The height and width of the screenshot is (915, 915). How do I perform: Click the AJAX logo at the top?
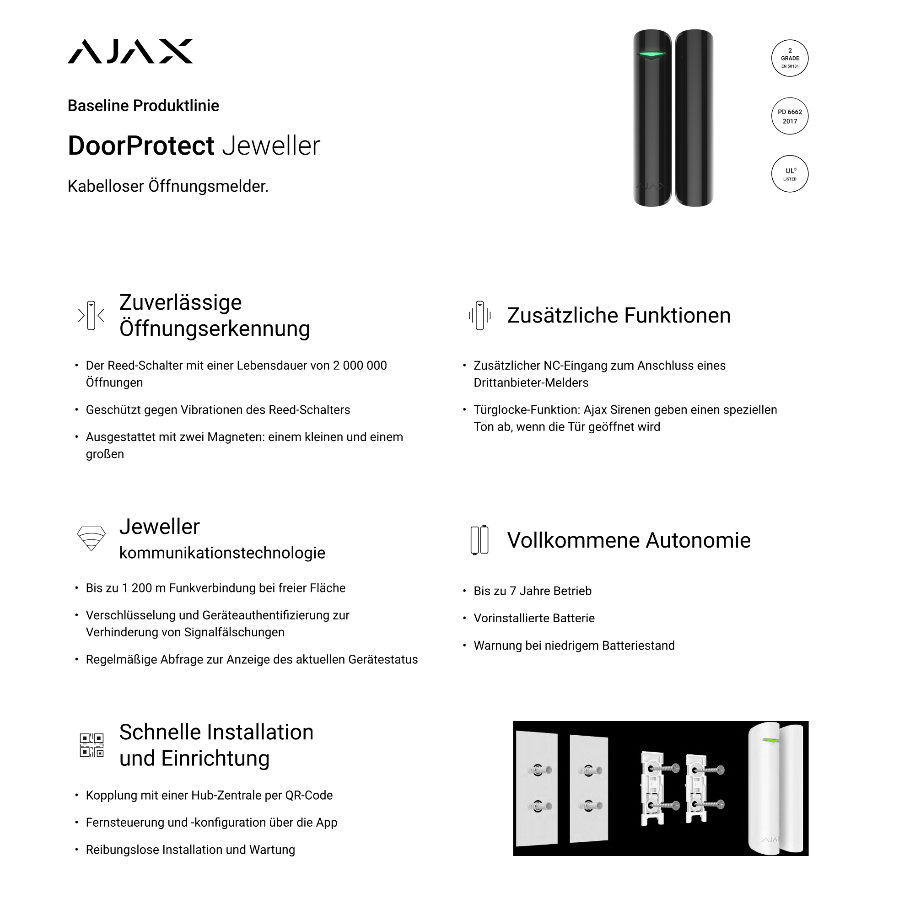point(130,51)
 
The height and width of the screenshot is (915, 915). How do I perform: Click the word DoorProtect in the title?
point(141,145)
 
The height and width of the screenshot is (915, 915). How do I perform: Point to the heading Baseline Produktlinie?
point(143,106)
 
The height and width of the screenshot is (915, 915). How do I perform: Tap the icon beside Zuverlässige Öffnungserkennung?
point(91,315)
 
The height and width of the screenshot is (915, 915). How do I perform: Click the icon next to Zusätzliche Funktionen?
point(479,315)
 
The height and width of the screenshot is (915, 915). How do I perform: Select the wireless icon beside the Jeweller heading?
point(91,539)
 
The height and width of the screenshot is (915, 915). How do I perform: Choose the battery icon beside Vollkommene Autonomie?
point(479,540)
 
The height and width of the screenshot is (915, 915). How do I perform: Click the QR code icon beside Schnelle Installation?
point(91,745)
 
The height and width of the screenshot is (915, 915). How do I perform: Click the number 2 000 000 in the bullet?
point(360,366)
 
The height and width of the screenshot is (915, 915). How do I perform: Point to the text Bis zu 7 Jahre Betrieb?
point(533,591)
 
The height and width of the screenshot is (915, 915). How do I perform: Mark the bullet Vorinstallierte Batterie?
point(534,618)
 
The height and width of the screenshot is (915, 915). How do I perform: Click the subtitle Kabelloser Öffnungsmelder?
point(167,186)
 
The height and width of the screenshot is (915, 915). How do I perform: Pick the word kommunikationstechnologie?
point(222,553)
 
